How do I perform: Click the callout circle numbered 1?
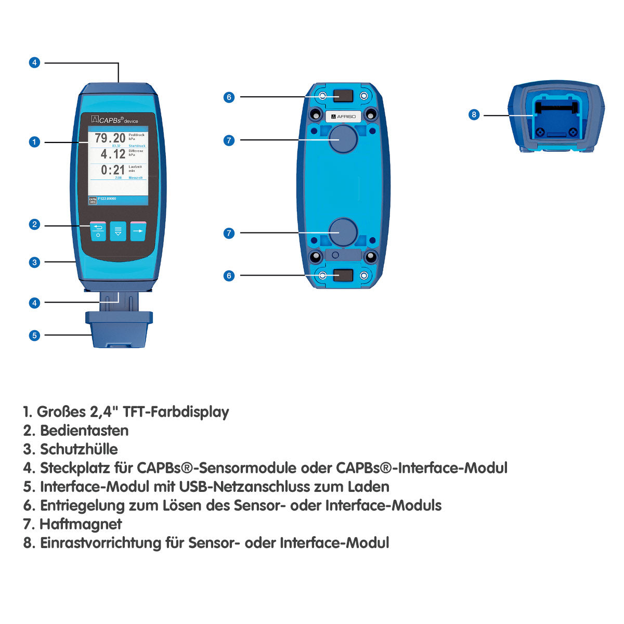[34, 142]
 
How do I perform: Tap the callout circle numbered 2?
[34, 225]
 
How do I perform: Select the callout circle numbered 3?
[34, 262]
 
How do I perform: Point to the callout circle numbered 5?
[34, 335]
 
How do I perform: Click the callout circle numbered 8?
[474, 114]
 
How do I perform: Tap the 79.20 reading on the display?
[110, 138]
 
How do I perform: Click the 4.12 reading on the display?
[113, 154]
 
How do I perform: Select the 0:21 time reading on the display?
[113, 170]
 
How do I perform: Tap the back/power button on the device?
[98, 231]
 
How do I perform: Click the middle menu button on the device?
[118, 231]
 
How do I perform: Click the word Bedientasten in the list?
[84, 431]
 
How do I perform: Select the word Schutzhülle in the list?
[79, 449]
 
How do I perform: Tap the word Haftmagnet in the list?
[81, 524]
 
